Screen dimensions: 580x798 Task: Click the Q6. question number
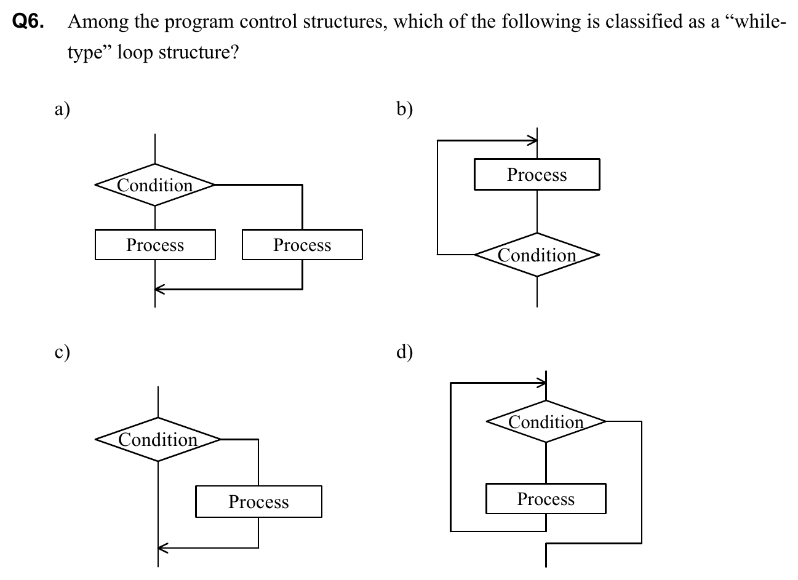click(29, 23)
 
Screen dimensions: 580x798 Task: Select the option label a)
click(62, 109)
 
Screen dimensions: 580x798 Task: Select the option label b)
click(405, 109)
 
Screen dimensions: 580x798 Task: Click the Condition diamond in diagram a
click(155, 185)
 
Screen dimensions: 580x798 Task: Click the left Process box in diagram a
click(155, 245)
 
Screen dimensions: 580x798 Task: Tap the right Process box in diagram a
click(302, 245)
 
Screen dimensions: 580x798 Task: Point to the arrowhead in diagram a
click(159, 288)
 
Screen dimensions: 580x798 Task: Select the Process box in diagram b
click(537, 175)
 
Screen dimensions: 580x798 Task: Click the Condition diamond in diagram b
click(537, 255)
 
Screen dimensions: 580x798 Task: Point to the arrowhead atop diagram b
click(532, 141)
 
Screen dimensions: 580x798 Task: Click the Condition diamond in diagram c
click(158, 439)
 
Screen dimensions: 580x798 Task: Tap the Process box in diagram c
click(258, 502)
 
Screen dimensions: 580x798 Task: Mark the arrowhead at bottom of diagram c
click(162, 547)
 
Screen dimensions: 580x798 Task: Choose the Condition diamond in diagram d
click(546, 421)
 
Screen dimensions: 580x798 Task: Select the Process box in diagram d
click(546, 499)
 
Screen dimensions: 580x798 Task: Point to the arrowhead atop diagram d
click(541, 383)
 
